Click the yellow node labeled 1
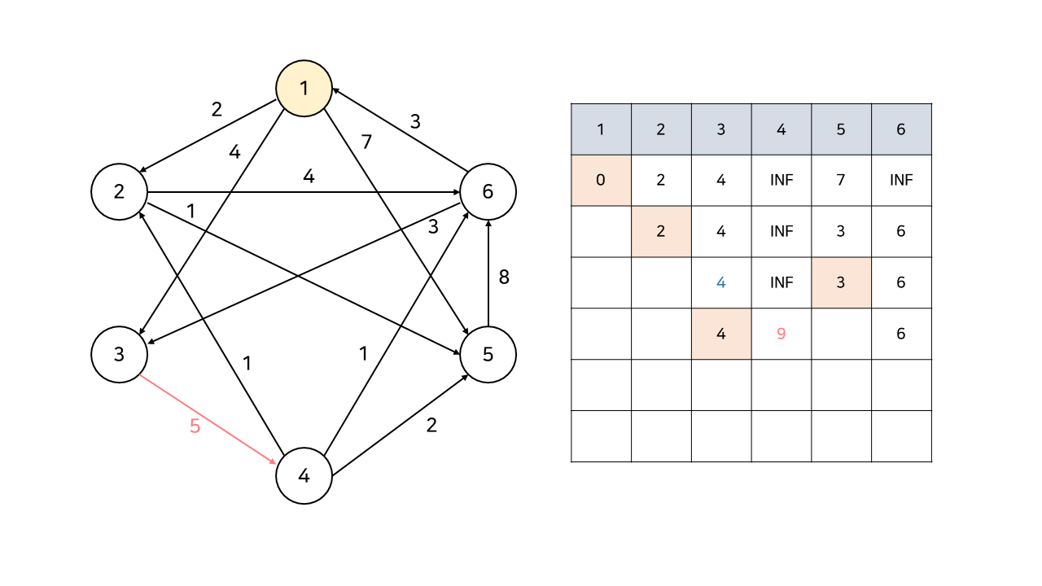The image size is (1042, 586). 304,88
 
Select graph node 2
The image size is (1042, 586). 119,192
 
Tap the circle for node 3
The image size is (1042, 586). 119,355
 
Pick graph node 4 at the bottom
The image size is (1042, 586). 304,476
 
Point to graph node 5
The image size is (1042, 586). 488,355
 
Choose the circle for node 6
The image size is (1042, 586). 488,192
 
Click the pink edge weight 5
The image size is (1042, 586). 195,426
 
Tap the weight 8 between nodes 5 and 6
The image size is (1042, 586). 504,277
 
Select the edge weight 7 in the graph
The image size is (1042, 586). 366,142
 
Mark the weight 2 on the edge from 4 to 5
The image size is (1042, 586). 431,425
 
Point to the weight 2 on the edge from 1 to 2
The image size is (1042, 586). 217,110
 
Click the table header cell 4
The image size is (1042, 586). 781,129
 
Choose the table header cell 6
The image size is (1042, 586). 901,129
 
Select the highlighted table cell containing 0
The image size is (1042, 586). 601,180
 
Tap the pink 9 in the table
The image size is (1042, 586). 781,334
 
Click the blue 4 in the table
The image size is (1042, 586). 720,282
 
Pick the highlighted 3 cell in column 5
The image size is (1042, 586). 841,282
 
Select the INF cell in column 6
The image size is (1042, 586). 901,180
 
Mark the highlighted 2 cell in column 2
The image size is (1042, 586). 661,231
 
